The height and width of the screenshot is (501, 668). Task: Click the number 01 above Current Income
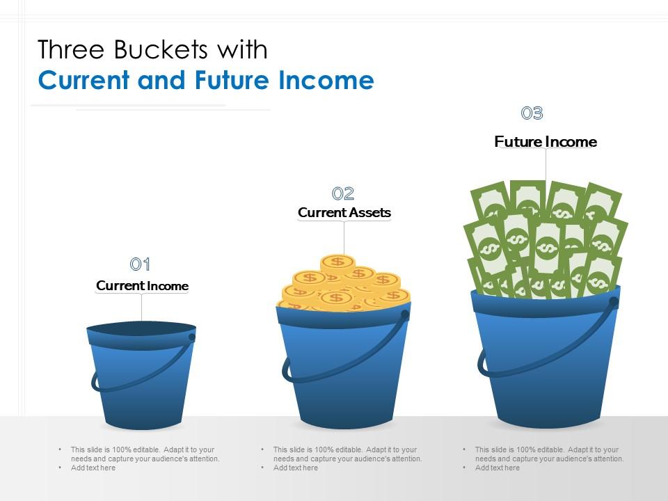point(141,264)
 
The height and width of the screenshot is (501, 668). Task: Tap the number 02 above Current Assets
point(343,193)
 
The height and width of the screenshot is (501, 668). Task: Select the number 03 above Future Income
point(532,113)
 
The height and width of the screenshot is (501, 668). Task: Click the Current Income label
point(142,286)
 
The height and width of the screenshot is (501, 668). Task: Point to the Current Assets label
point(344,213)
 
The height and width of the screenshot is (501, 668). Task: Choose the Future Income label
point(546,142)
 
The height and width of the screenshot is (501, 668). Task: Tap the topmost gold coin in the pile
point(338,262)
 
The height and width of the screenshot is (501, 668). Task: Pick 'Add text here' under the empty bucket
point(93,468)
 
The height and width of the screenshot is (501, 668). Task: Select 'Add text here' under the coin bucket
point(296,468)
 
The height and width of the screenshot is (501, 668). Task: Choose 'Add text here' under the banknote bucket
point(498,468)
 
